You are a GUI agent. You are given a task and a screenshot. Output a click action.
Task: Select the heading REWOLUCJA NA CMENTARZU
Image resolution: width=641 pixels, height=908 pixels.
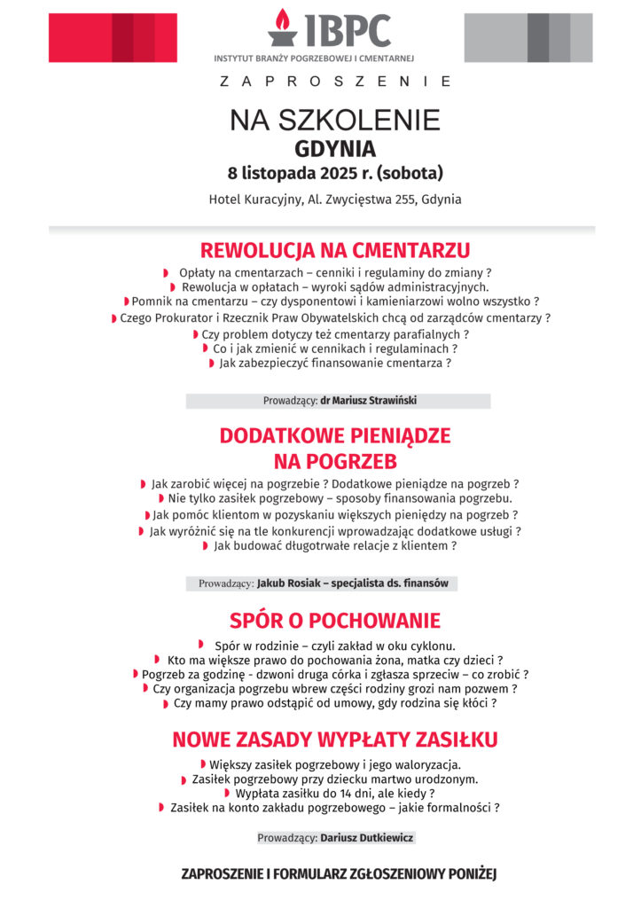click(334, 250)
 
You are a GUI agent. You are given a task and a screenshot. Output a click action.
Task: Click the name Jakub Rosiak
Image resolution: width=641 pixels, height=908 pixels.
click(286, 583)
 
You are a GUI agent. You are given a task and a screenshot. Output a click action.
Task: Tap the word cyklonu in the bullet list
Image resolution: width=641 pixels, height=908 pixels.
click(433, 646)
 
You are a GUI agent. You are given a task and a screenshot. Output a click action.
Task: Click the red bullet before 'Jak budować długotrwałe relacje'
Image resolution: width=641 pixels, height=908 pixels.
click(207, 547)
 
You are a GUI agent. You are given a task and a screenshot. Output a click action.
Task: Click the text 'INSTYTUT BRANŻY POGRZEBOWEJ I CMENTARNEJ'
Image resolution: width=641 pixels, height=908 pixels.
click(315, 59)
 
